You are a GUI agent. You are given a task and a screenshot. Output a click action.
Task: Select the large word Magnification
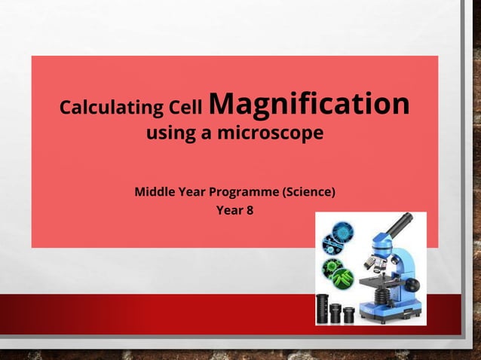coord(309,105)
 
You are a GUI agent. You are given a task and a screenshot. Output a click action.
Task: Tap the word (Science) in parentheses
coord(308,192)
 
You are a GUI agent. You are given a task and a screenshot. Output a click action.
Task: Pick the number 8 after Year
coord(249,210)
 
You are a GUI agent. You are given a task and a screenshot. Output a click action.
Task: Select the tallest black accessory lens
coord(322,308)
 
